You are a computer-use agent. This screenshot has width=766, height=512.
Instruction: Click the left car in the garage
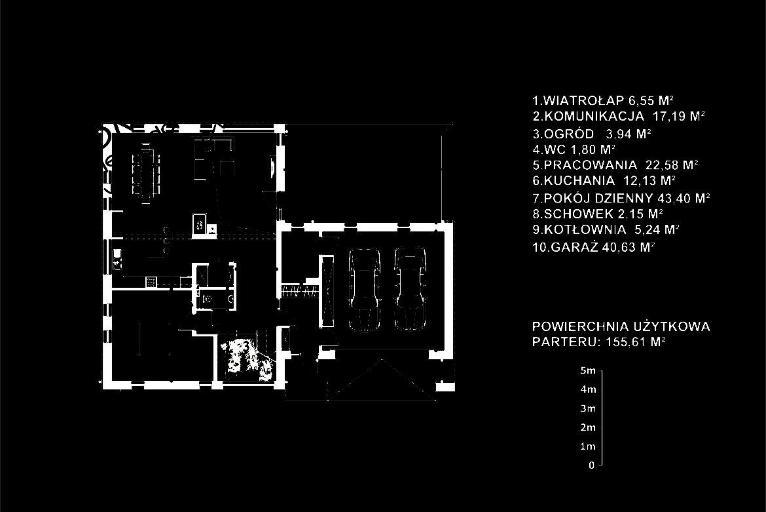point(364,290)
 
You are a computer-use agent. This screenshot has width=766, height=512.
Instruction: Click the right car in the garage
point(410,288)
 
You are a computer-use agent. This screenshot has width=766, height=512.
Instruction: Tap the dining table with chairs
point(145,172)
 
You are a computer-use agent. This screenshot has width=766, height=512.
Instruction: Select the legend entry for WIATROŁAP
point(603,101)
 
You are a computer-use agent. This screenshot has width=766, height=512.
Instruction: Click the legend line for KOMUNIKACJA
point(619,117)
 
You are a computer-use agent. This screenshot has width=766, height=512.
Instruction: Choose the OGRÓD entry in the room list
point(592,134)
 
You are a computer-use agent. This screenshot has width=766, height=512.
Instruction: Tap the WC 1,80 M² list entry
point(574,149)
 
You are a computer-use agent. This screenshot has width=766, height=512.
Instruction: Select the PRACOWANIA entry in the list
point(615,165)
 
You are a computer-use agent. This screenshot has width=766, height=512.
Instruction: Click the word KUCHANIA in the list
point(579,180)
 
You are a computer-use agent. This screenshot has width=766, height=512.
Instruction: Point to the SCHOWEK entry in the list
point(598,214)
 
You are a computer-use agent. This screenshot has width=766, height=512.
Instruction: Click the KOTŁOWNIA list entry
point(606,229)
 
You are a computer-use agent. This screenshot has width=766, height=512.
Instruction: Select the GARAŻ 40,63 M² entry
point(593,247)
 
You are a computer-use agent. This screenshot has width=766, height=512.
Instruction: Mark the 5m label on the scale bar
point(588,370)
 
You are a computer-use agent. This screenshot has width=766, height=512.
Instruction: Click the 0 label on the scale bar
point(592,465)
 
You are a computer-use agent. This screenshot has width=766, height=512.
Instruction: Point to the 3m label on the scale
point(588,408)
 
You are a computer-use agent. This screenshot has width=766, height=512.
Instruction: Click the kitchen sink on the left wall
point(117,259)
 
